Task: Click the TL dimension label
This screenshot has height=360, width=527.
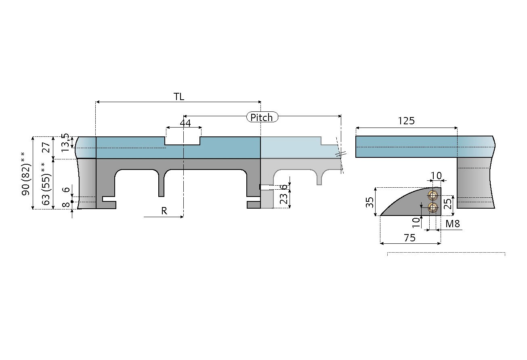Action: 179,96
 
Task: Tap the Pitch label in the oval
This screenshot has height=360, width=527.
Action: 262,117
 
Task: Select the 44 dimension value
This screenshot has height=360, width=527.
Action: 185,123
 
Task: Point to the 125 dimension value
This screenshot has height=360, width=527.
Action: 406,121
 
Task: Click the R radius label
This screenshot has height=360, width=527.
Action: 164,211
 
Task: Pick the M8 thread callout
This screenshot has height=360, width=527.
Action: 453,224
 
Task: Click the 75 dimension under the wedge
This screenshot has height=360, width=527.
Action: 409,238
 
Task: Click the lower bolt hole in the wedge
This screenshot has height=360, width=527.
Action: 433,208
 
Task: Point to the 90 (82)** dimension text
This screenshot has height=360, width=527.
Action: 26,174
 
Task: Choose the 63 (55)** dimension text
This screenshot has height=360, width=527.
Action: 48,184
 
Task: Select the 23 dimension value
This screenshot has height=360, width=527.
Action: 284,199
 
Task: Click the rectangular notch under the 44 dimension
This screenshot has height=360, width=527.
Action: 183,140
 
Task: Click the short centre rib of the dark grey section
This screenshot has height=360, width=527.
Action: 161,184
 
